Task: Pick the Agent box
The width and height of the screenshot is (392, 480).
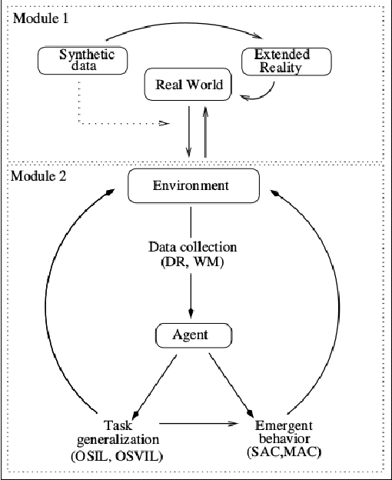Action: point(193,335)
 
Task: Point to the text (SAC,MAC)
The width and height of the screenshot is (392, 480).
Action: point(284,452)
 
